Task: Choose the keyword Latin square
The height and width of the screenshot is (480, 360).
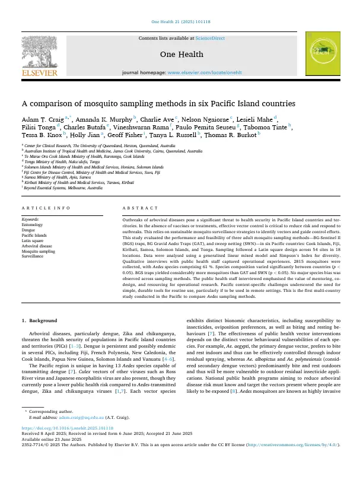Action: pos(35,240)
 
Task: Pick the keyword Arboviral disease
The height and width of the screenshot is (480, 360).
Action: pos(38,246)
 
